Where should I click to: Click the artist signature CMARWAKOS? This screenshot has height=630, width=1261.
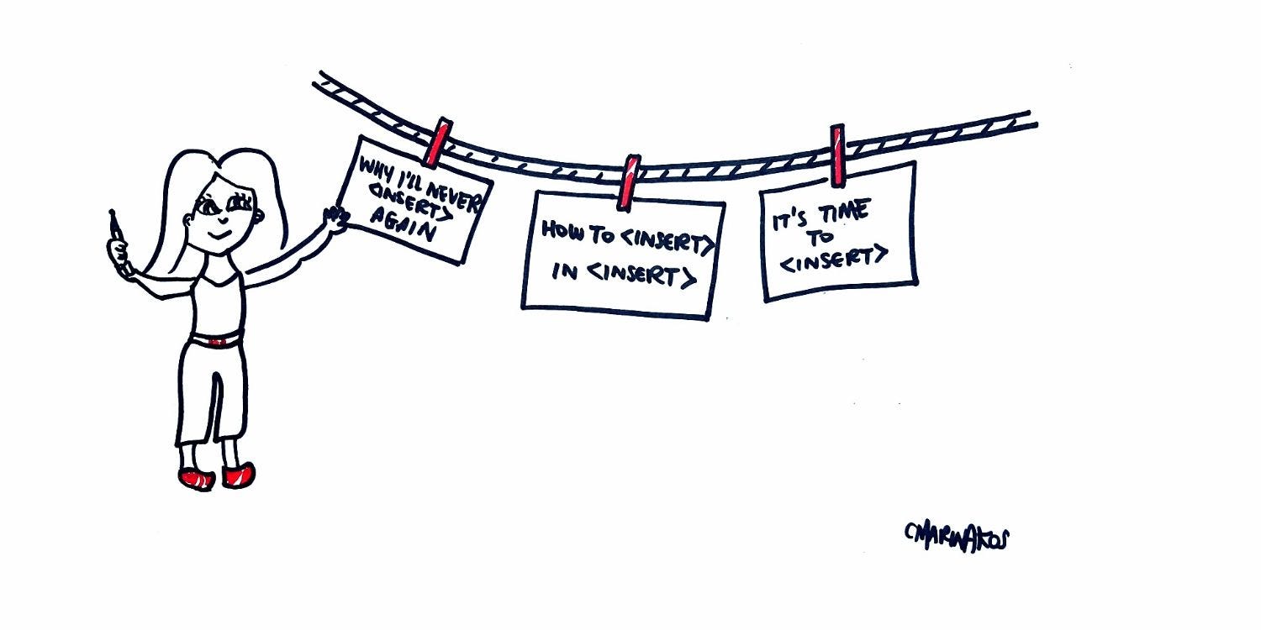click(x=957, y=535)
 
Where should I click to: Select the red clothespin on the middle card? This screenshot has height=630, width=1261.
click(x=628, y=181)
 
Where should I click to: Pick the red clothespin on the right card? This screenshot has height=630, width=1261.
click(x=837, y=155)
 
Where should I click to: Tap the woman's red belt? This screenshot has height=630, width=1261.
click(x=217, y=340)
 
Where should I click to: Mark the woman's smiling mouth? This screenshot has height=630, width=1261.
click(x=220, y=236)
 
